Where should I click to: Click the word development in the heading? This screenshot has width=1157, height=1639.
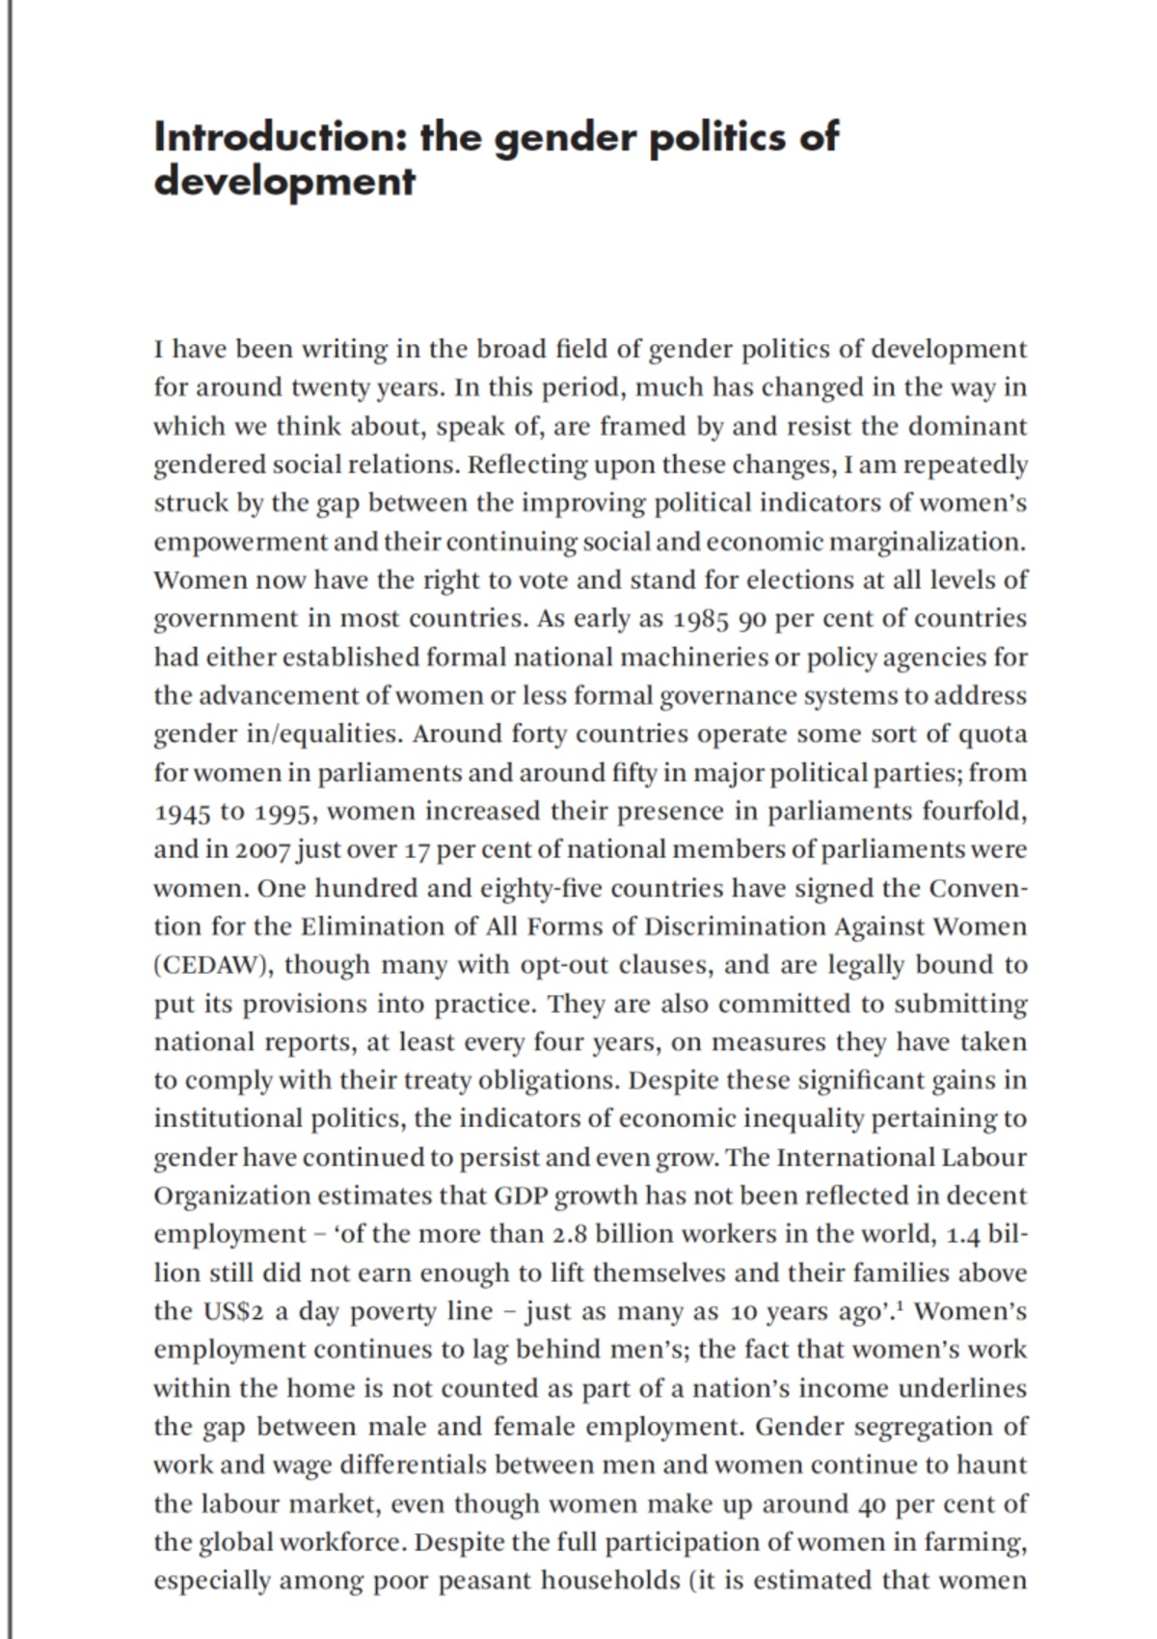[284, 180]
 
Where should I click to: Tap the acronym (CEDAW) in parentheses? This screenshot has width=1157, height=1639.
[213, 965]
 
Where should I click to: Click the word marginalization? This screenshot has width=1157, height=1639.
[927, 542]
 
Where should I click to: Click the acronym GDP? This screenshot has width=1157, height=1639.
[521, 1196]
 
